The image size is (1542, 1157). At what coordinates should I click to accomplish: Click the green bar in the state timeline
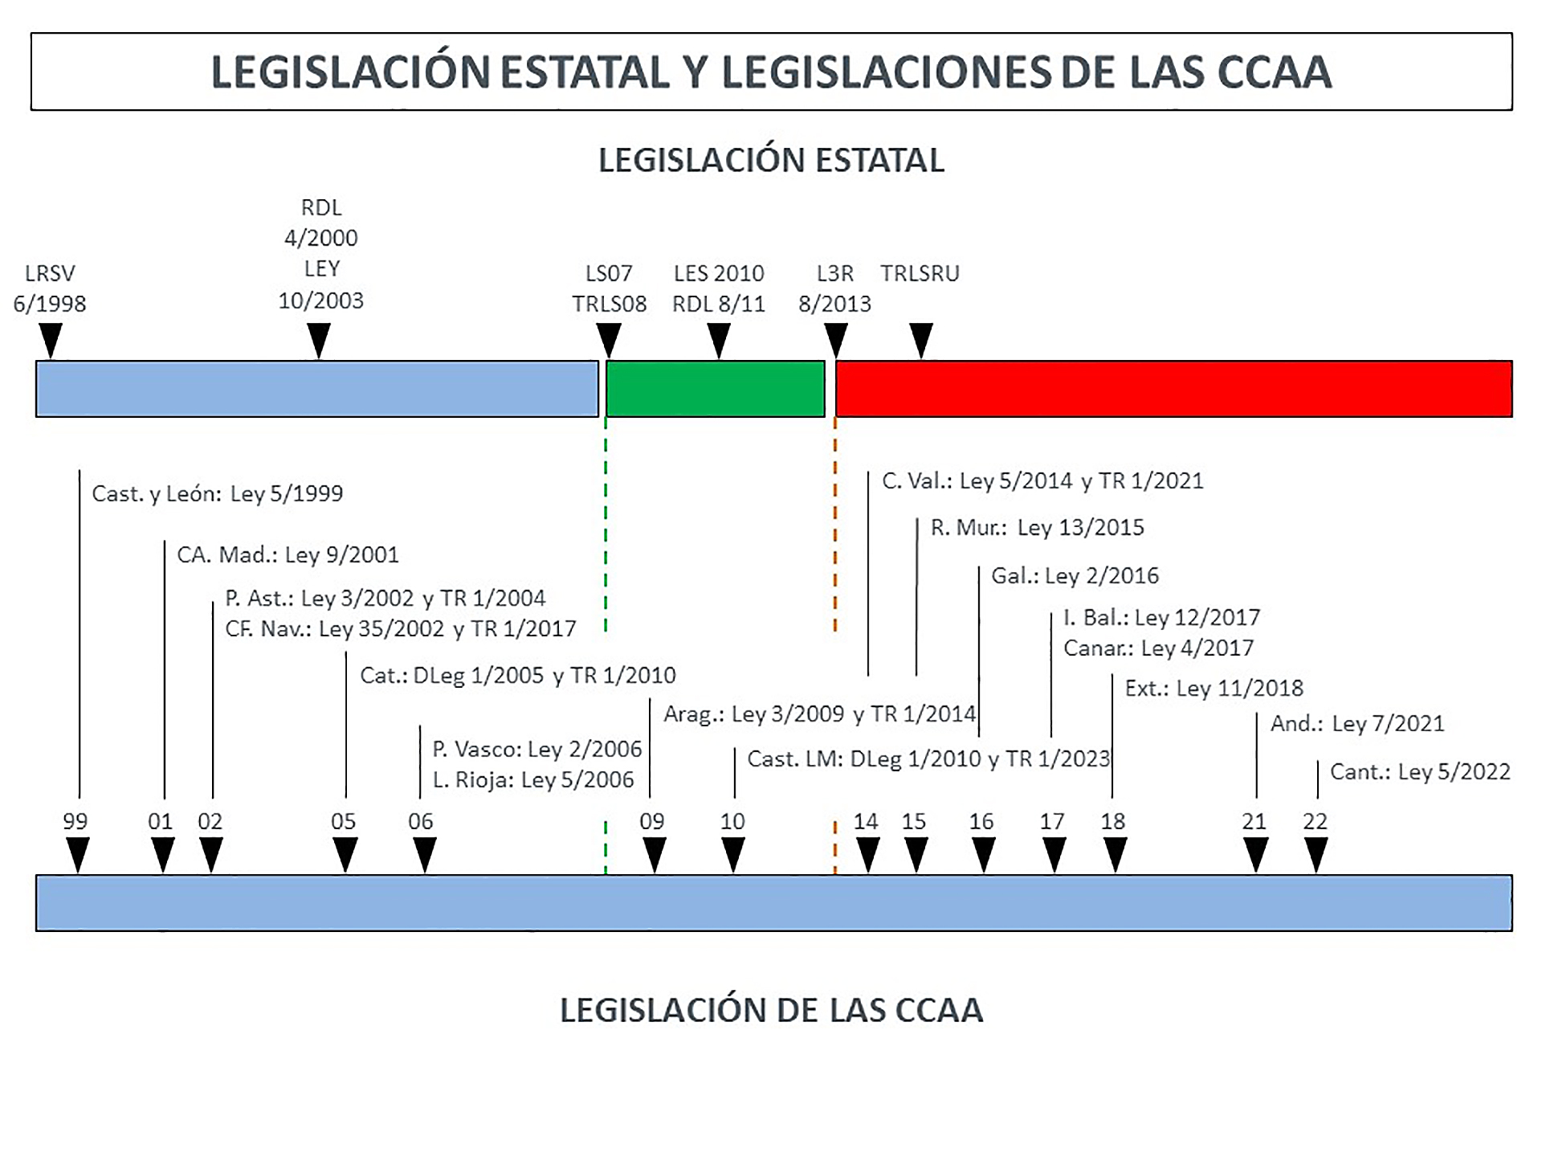(715, 389)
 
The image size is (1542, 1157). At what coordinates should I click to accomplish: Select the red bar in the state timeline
(1173, 389)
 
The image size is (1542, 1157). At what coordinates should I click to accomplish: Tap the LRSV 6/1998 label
(50, 288)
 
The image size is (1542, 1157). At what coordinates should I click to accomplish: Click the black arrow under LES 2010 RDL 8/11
(720, 341)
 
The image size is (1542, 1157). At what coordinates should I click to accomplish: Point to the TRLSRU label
(920, 274)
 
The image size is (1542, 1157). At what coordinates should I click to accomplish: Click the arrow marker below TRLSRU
(921, 341)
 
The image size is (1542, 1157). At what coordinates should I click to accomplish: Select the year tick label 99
(75, 821)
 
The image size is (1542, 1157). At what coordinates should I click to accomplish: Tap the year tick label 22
(1315, 821)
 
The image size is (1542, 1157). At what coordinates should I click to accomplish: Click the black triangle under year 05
(345, 854)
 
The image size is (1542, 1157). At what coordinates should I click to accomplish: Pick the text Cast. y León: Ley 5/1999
(217, 493)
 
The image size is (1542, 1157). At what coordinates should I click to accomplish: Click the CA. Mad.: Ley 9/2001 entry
(288, 554)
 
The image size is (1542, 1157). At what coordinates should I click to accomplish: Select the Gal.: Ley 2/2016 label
(1075, 575)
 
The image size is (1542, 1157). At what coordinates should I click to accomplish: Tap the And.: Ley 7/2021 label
(1356, 723)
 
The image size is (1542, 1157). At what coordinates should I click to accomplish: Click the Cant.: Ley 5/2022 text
(1420, 771)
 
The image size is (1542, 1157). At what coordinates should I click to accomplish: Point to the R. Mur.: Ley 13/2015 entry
(1037, 527)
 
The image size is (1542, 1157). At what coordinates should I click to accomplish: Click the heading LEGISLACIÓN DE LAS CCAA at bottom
(771, 1010)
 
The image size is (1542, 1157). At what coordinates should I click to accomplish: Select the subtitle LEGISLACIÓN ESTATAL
(771, 160)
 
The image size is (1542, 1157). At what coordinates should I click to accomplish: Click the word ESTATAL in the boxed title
(585, 72)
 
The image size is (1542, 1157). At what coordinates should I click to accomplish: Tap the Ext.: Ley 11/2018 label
(1214, 688)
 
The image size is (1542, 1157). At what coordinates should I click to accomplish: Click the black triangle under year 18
(1115, 854)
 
